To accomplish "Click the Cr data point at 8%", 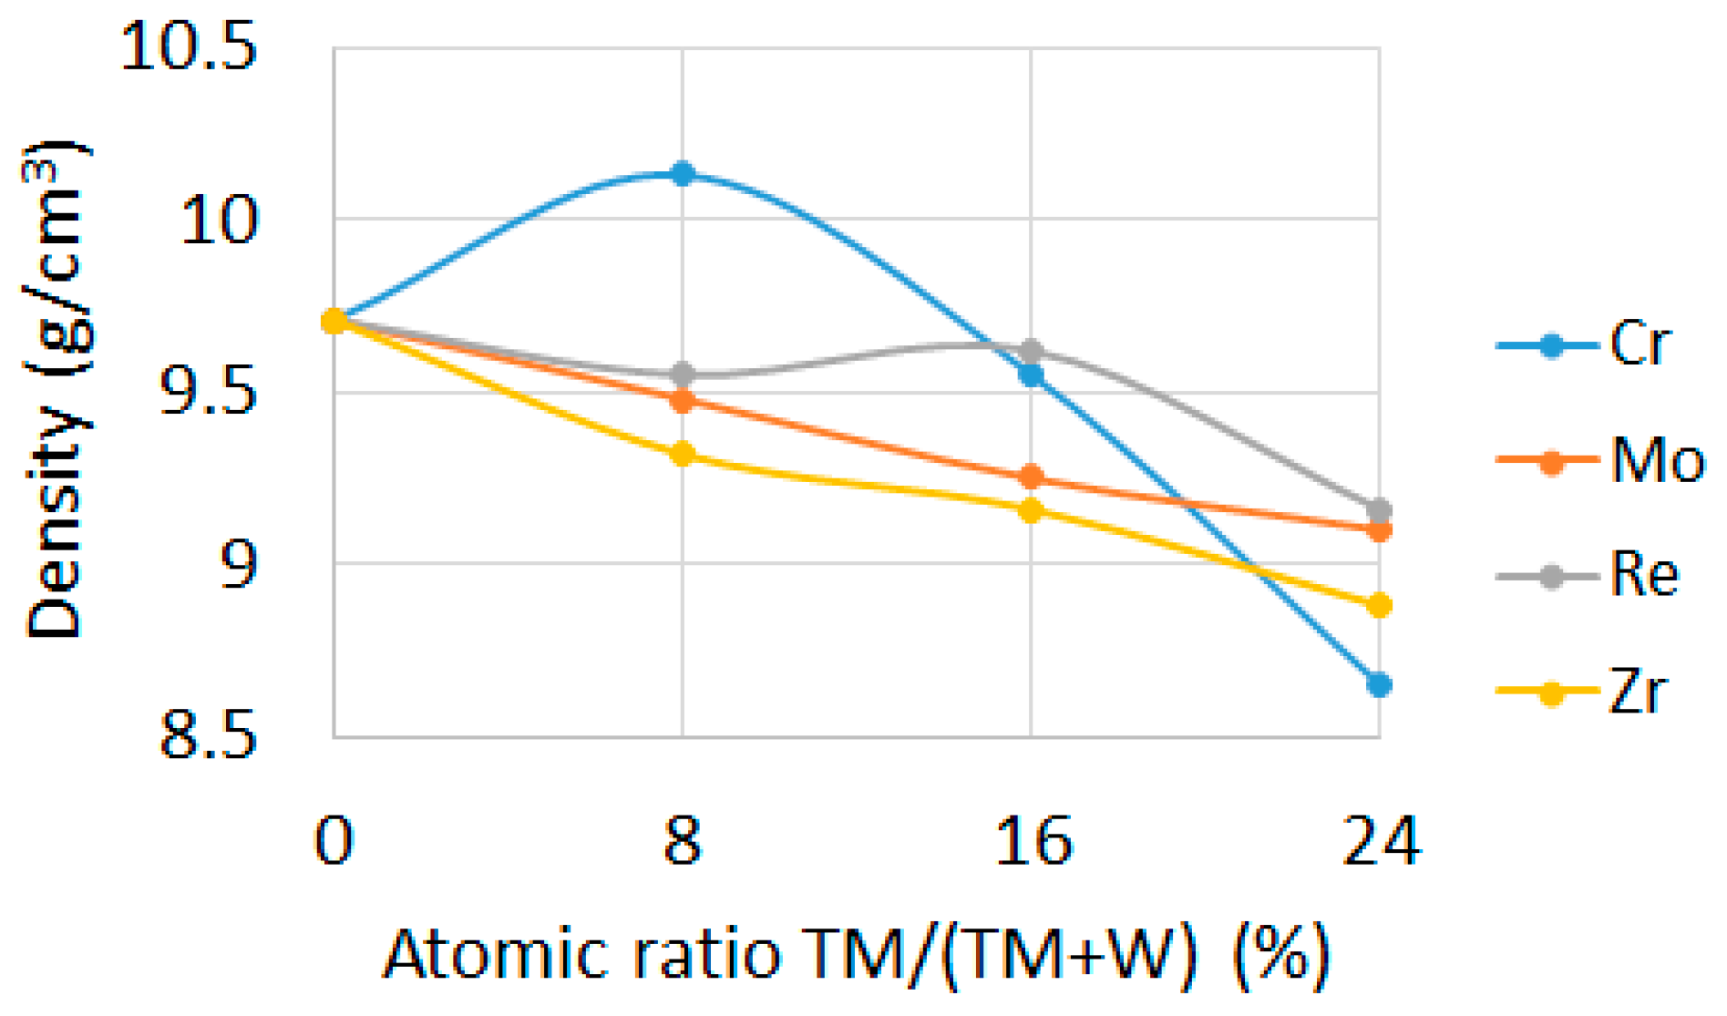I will tap(683, 173).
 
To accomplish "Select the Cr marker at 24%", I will tap(1379, 684).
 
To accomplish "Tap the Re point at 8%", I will tap(683, 374).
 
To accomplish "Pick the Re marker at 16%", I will tap(1031, 351).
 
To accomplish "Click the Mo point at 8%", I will tap(683, 400).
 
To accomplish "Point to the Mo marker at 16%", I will tap(1031, 477).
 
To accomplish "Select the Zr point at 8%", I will tap(683, 454).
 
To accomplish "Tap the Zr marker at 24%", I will tap(1379, 605).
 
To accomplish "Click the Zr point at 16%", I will tap(1031, 510).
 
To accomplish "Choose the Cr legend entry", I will tap(1586, 344).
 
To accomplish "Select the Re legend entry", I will tap(1590, 576).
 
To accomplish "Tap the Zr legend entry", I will tap(1586, 692).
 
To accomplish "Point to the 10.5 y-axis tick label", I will tap(189, 47).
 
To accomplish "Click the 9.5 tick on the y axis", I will tap(209, 393).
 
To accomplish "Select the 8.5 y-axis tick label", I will tap(209, 736).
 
